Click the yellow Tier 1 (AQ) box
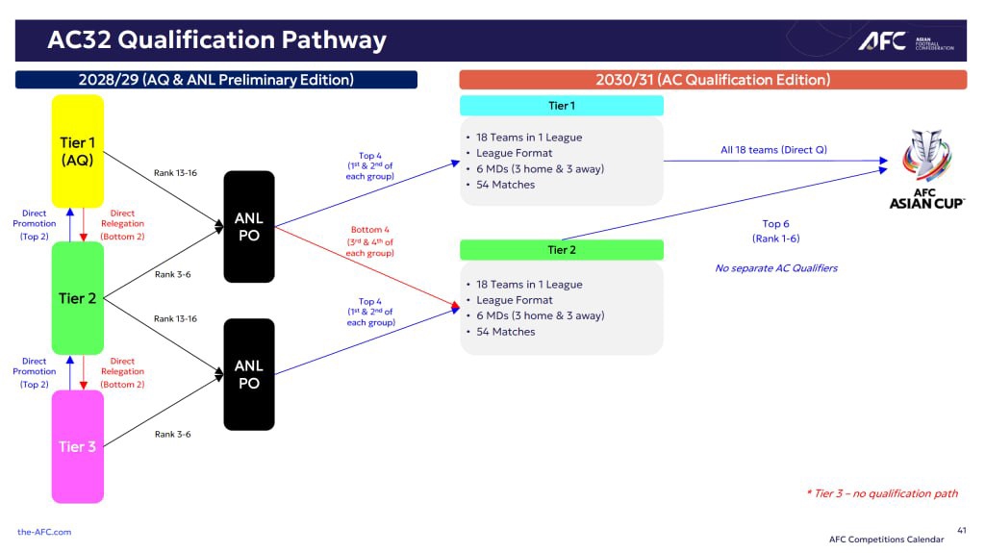coord(77,151)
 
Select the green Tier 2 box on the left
coord(77,298)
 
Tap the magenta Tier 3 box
coord(77,446)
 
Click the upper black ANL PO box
coord(249,226)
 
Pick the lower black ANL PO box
coord(249,374)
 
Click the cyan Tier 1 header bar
coord(562,106)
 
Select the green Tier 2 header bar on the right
coord(562,249)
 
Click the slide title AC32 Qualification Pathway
coord(216,39)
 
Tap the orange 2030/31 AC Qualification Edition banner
coord(713,80)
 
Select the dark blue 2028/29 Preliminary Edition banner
coord(216,80)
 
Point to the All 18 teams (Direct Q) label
coord(774,150)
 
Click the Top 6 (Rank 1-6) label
coord(776,231)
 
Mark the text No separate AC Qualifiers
coord(776,268)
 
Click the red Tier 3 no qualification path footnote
coord(883,493)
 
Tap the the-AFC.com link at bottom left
coord(44,532)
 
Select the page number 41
coord(962,530)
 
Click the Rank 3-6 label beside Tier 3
coord(173,435)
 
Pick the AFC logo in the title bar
coord(906,41)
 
